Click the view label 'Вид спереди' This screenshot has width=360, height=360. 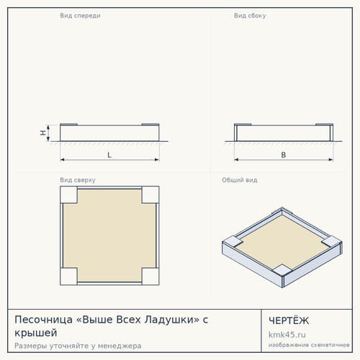80,16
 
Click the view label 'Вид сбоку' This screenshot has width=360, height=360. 250,16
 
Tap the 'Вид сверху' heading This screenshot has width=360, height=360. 78,180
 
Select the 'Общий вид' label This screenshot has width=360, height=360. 240,180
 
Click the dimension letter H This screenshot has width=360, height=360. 43,132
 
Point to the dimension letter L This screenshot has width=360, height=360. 109,155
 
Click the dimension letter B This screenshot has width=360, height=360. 284,155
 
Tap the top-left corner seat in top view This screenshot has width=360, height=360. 68,194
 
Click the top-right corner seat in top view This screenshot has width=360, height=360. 150,194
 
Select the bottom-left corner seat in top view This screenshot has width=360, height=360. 68,276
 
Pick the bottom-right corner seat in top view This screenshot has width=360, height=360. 150,276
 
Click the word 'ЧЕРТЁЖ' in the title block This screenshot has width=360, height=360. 289,320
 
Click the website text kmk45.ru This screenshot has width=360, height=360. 287,335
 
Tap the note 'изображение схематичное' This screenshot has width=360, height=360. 309,345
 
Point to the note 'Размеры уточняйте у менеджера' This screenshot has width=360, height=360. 78,346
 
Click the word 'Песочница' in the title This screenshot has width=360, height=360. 43,320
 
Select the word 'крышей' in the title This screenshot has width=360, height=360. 36,333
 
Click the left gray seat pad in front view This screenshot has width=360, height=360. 68,125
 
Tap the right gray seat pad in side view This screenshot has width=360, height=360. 325,125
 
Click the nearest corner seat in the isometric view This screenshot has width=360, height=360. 282,270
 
